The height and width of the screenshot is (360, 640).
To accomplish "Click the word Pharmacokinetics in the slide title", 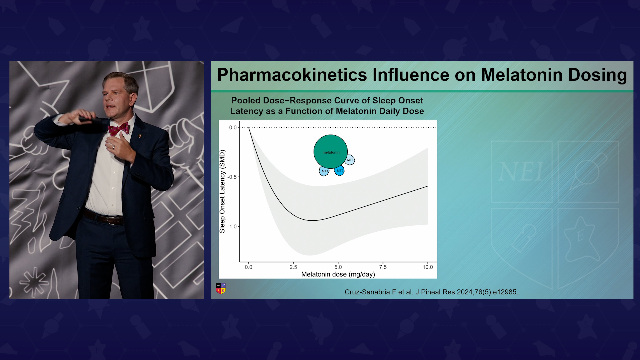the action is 292,75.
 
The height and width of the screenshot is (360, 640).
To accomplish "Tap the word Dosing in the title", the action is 597,75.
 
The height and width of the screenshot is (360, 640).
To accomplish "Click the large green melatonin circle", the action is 330,152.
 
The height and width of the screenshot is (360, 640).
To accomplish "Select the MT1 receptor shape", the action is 324,171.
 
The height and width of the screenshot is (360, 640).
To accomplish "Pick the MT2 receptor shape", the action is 339,171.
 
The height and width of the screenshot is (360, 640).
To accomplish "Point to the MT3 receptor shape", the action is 350,160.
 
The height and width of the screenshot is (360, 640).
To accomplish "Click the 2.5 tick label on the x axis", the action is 293,267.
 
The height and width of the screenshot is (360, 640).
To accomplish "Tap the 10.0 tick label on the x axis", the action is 428,267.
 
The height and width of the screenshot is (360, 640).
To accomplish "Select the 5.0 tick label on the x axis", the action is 338,267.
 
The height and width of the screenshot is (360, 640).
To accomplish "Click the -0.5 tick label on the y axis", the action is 232,177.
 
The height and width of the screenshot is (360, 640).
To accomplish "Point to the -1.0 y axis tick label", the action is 232,227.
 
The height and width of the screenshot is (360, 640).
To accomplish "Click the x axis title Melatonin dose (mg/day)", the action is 338,274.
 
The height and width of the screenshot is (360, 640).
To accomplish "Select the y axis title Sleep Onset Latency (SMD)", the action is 222,191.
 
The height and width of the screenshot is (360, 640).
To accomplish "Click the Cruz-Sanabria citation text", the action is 431,292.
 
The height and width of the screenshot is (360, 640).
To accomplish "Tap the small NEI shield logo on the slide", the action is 221,288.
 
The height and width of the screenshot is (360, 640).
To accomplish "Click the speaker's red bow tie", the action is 119,129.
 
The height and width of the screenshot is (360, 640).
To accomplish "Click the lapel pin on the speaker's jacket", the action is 140,136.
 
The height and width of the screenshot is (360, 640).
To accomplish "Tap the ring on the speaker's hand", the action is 113,147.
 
